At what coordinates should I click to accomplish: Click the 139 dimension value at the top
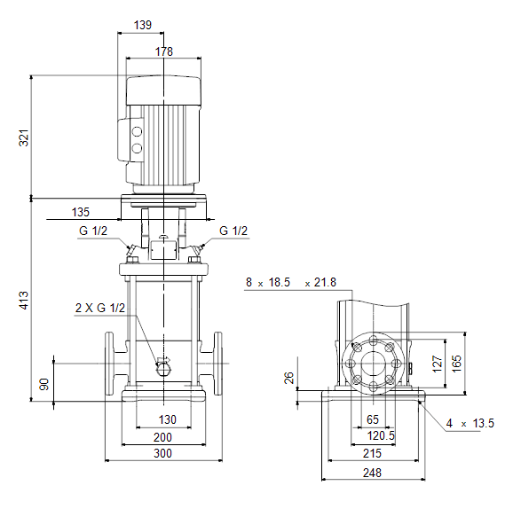coord(143,25)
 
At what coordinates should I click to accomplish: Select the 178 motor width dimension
coord(164,51)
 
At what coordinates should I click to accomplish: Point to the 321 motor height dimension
coord(24,137)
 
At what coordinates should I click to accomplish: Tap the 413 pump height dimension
coord(24,301)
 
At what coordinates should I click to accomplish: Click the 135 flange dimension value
coord(81,212)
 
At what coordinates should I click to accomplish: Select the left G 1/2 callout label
coord(93,231)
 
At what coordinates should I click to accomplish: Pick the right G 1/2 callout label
coord(233,231)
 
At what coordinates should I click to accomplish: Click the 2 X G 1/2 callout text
coord(100,308)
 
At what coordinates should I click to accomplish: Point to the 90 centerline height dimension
coord(44,384)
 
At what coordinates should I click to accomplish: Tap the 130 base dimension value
coord(167,419)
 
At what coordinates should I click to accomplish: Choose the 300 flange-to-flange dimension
coord(162,453)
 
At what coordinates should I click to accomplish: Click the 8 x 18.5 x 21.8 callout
coord(291,283)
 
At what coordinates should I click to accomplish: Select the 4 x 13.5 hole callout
coord(470,423)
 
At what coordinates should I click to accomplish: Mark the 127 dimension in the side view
coord(438,364)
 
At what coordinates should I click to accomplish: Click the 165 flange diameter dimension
coord(456,364)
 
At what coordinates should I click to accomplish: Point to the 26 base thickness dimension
coord(289,378)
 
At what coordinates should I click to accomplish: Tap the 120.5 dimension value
coord(381,435)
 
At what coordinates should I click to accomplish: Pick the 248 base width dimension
coord(372,473)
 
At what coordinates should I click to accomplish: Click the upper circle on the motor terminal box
coord(137,132)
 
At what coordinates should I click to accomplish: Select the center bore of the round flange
coord(373,364)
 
